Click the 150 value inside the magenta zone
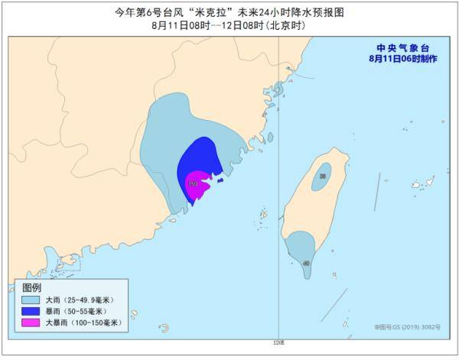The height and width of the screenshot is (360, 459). point(194,183)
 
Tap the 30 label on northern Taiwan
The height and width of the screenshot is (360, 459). point(323,176)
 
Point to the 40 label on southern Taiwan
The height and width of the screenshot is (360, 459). point(307,263)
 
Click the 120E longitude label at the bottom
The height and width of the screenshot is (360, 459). point(278,342)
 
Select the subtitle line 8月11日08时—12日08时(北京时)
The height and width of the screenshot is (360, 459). point(229,25)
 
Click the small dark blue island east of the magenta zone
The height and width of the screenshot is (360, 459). point(220,181)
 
